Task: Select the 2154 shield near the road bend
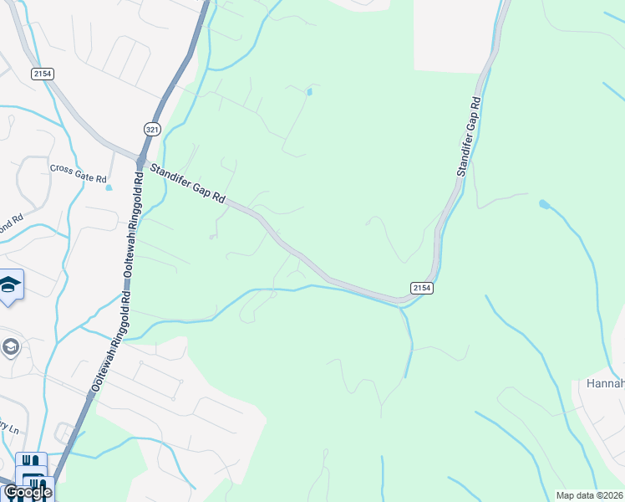tap(421, 288)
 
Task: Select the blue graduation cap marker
tap(10, 285)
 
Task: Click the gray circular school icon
tap(10, 346)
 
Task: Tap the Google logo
tap(27, 492)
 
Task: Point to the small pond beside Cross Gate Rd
tap(109, 187)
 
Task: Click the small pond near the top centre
tap(309, 91)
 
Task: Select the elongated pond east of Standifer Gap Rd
tap(545, 204)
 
